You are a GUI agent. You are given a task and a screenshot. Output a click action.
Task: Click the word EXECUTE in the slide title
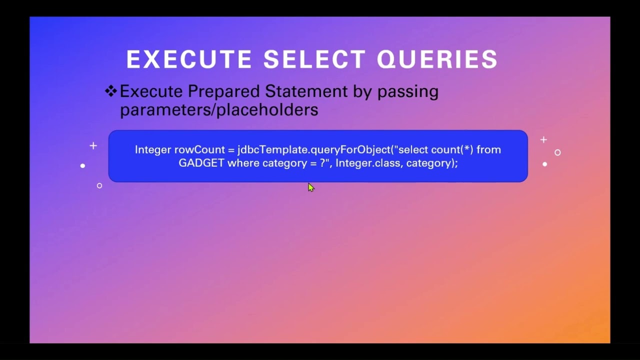(189, 60)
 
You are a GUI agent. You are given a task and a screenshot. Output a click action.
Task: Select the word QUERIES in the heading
(437, 60)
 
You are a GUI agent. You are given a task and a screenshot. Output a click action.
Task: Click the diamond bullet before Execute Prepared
(110, 91)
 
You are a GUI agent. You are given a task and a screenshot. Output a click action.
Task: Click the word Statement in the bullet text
(306, 91)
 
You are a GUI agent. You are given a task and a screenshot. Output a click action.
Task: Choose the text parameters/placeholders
(219, 109)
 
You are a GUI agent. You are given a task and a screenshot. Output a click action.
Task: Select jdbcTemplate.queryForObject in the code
(313, 149)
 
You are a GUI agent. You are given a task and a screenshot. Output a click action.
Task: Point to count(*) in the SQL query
(452, 149)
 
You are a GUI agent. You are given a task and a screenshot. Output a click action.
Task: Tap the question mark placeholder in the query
(322, 163)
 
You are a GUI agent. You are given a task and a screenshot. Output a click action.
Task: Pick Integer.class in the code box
(367, 163)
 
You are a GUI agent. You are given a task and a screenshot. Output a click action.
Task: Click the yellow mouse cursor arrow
(310, 187)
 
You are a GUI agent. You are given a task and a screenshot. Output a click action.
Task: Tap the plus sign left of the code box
(93, 145)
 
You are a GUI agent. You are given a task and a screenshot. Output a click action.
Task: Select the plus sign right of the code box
(543, 139)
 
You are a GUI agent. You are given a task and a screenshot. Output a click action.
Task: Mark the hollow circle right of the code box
(557, 152)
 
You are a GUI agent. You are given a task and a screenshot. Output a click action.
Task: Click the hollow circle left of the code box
(99, 185)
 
